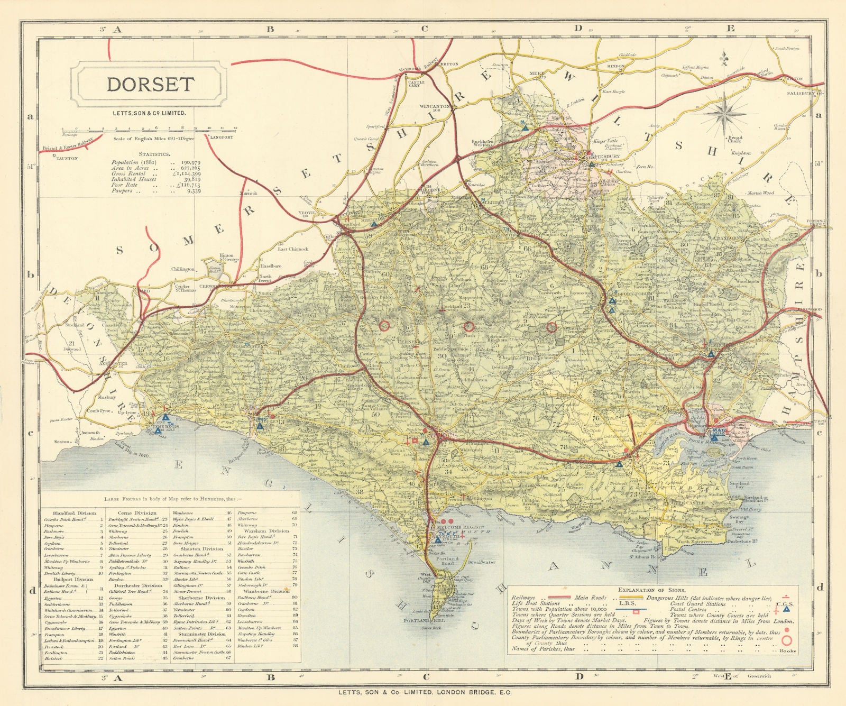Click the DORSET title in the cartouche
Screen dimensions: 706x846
click(150, 85)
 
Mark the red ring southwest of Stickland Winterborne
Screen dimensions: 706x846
click(551, 328)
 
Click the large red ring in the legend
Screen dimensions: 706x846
click(787, 641)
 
